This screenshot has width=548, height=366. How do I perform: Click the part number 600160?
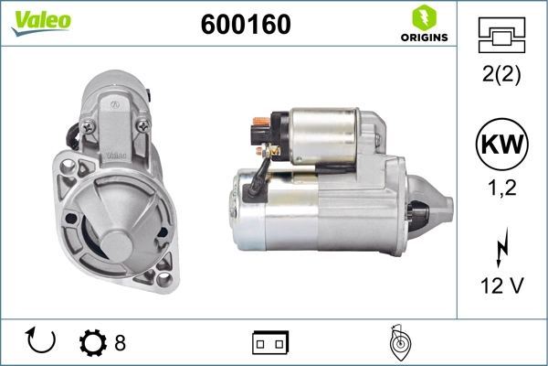pyautogui.click(x=246, y=25)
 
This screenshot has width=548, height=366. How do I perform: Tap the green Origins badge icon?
pyautogui.click(x=423, y=16)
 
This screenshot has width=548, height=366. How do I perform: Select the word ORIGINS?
pyautogui.click(x=424, y=38)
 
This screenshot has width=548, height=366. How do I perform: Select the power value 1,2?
pyautogui.click(x=501, y=188)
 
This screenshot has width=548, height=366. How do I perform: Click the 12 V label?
pyautogui.click(x=501, y=285)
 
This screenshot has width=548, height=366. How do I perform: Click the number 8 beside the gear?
pyautogui.click(x=120, y=343)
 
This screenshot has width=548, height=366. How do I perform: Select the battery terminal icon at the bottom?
pyautogui.click(x=270, y=342)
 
